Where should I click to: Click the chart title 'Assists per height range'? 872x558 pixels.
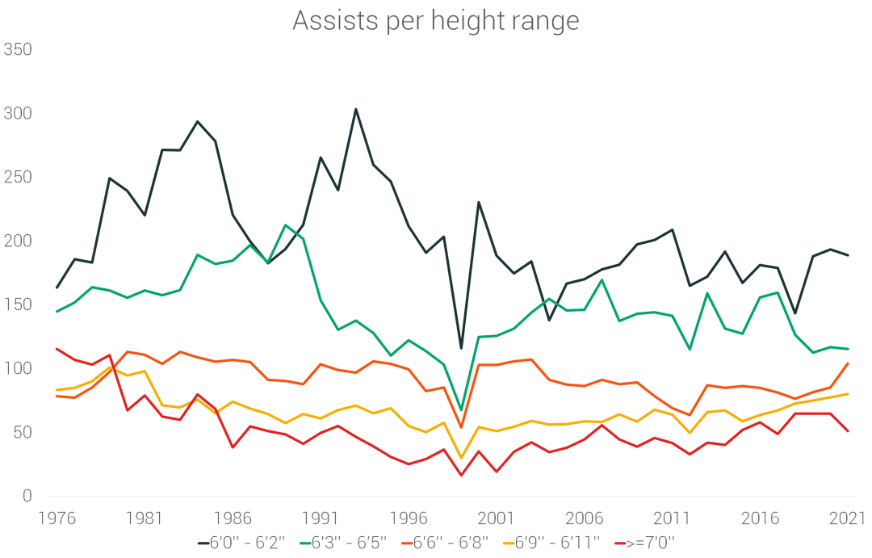435,21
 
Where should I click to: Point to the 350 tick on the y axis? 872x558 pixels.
18,50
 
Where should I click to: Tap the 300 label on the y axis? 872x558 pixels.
18,114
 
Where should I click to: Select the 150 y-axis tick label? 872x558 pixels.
18,305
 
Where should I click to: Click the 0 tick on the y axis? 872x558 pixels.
27,497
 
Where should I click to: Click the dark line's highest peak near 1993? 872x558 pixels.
355,109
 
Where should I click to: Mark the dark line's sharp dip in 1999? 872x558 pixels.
461,348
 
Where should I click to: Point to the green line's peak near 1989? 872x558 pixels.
285,225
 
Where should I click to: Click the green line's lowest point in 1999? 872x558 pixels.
461,410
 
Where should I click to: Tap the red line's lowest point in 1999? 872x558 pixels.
461,475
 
